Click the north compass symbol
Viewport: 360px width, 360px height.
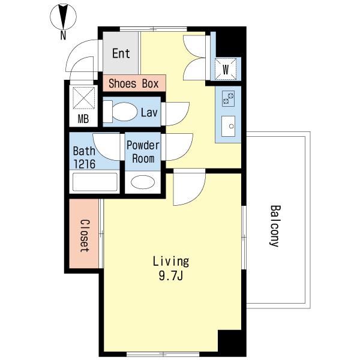pos(63,17)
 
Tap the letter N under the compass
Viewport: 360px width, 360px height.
pos(63,35)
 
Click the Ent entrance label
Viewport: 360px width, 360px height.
pos(121,53)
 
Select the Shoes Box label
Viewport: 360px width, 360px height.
pos(134,83)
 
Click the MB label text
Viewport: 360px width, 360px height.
pos(83,119)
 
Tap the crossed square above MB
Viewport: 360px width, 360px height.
pos(84,98)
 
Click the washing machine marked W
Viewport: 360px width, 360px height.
pos(226,69)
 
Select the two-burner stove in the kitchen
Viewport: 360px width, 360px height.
pos(229,98)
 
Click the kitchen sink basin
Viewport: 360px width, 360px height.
pos(229,126)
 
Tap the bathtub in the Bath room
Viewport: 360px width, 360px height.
pos(95,182)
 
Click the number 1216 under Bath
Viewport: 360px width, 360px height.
pos(84,164)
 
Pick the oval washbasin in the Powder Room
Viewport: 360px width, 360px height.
pos(143,182)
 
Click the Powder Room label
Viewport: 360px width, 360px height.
pos(143,152)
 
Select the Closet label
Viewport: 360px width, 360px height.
pos(84,236)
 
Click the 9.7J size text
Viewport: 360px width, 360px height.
pos(170,276)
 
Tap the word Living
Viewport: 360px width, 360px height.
pos(171,262)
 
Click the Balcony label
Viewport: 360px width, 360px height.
pos(275,226)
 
